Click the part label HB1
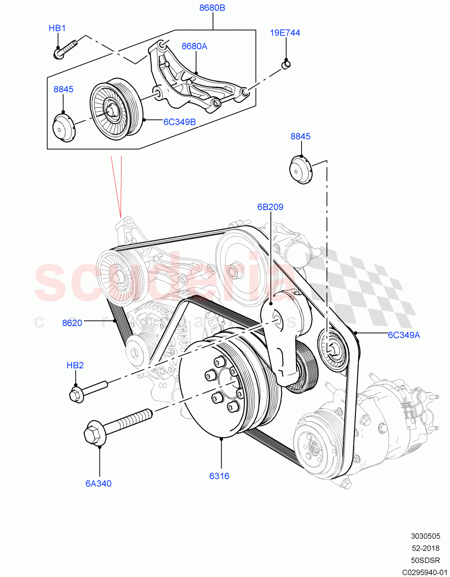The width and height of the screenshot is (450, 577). (57, 28)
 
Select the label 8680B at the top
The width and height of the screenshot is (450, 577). (212, 8)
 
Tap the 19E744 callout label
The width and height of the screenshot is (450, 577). (285, 33)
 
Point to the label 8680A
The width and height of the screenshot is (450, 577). (194, 46)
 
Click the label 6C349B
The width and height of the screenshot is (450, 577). (179, 122)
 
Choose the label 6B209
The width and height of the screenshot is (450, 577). (270, 207)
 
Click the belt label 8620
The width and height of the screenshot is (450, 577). (72, 323)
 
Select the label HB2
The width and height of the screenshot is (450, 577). (75, 365)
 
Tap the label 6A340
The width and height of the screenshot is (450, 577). (98, 483)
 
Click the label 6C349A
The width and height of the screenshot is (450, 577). (404, 335)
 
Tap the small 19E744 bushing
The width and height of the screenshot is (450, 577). (286, 63)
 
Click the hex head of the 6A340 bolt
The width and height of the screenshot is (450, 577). (94, 434)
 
